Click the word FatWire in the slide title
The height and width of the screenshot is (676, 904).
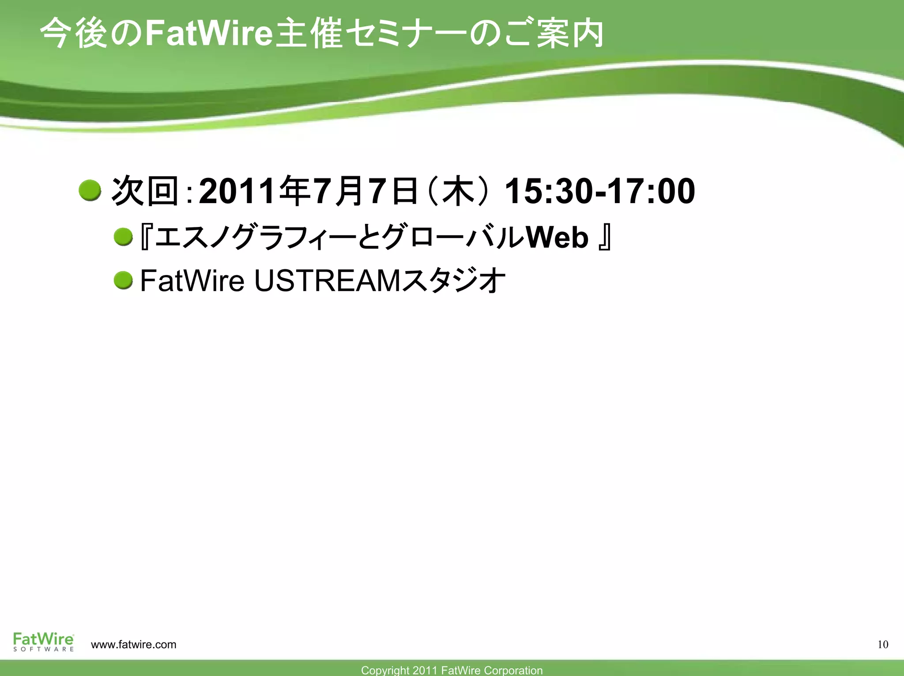207,34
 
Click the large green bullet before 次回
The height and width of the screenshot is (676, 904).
90,191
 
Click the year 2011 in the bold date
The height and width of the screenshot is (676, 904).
238,191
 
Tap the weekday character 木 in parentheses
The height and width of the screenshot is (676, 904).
459,191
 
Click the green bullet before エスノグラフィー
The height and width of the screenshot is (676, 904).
123,237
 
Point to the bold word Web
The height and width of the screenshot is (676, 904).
557,237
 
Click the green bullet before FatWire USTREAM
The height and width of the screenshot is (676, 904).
123,280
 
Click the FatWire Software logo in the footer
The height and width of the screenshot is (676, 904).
43,642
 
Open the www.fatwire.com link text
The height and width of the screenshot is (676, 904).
133,645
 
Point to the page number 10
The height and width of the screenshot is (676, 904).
882,645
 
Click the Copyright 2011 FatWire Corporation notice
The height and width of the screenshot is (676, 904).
452,670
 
